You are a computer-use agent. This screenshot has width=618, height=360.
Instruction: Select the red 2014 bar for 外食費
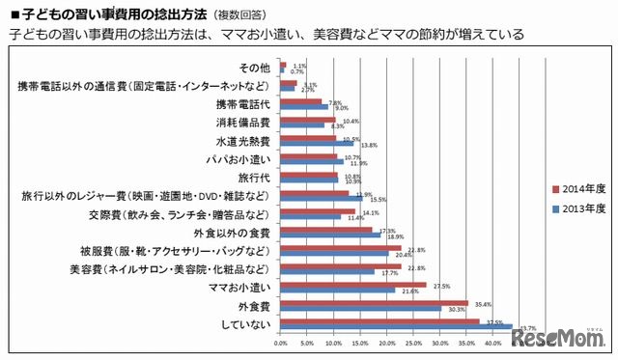[374, 303]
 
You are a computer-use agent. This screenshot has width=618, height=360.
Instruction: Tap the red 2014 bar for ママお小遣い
[352, 285]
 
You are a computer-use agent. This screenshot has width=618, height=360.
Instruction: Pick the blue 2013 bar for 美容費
[326, 271]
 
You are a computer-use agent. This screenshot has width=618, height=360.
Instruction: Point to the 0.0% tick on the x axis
[281, 343]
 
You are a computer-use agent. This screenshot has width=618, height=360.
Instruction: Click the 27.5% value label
[441, 284]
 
